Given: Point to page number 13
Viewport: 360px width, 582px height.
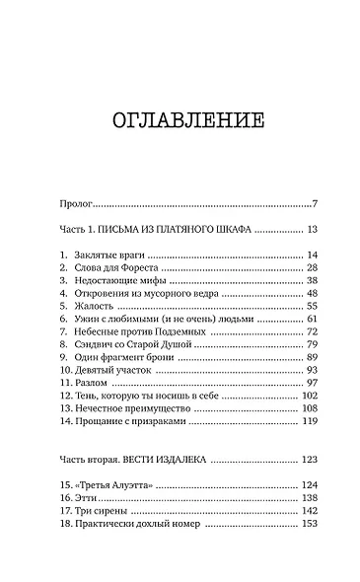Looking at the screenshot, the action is (310, 230).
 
